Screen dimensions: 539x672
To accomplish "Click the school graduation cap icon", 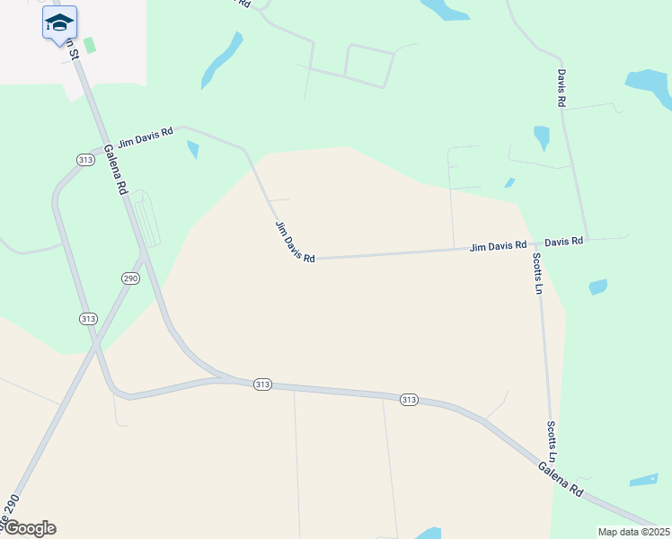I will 59,22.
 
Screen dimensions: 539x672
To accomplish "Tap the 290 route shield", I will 130,278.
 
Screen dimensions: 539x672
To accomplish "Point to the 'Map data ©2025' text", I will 633,532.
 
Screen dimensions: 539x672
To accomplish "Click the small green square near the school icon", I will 89,44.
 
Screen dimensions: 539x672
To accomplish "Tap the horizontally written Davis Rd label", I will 564,242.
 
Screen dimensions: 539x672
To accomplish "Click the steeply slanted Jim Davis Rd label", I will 295,242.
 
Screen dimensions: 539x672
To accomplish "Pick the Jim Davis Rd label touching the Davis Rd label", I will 498,245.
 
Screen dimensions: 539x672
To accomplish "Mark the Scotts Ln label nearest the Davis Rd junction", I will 537,273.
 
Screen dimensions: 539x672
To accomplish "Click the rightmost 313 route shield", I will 409,399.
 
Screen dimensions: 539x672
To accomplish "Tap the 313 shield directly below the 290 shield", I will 87,319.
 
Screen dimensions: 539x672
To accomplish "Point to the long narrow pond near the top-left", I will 221,60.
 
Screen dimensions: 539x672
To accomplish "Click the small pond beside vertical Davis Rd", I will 542,137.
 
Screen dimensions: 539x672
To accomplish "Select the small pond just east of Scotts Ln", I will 597,287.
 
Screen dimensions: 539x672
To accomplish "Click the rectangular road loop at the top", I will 368,65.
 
